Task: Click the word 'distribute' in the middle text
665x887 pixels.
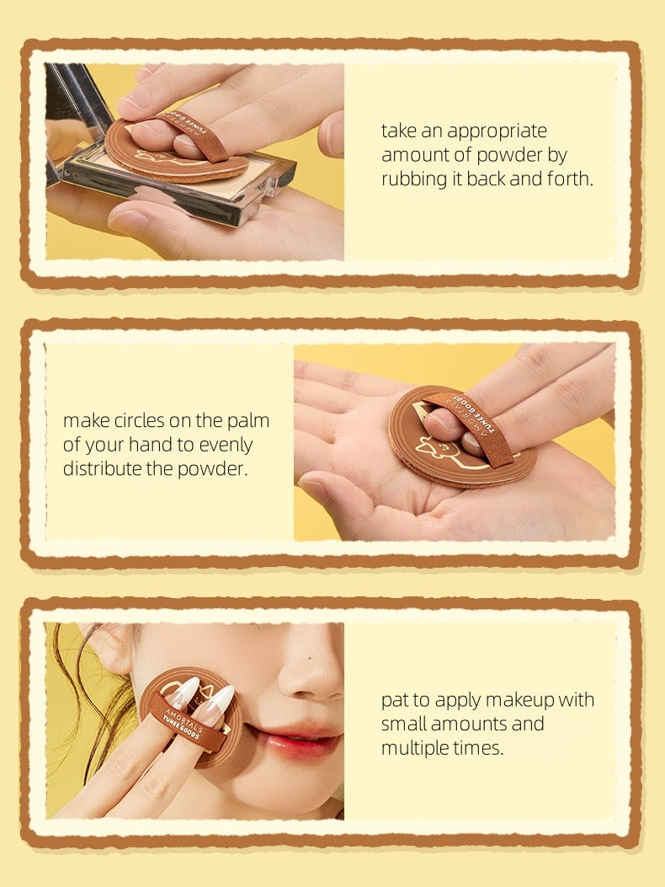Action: (x=102, y=468)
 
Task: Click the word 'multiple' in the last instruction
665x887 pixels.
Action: (x=416, y=747)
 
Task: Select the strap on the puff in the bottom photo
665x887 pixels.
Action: (x=189, y=719)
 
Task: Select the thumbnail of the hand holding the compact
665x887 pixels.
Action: (x=127, y=222)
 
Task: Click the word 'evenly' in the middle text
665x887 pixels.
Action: (x=226, y=445)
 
